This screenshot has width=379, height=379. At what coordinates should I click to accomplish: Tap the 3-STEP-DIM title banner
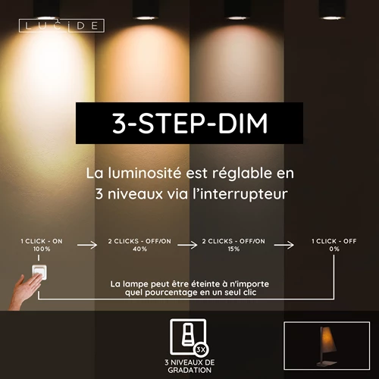tap(189, 124)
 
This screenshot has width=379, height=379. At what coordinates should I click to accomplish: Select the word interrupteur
tap(248, 194)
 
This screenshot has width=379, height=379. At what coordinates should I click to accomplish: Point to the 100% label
tap(42, 249)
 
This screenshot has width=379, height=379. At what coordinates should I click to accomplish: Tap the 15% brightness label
tap(233, 249)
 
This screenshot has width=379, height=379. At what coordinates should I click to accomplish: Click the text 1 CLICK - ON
tap(42, 240)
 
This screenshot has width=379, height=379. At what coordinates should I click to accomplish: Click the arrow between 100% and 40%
tap(88, 245)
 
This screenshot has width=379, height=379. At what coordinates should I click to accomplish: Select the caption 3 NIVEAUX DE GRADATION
tap(189, 366)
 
